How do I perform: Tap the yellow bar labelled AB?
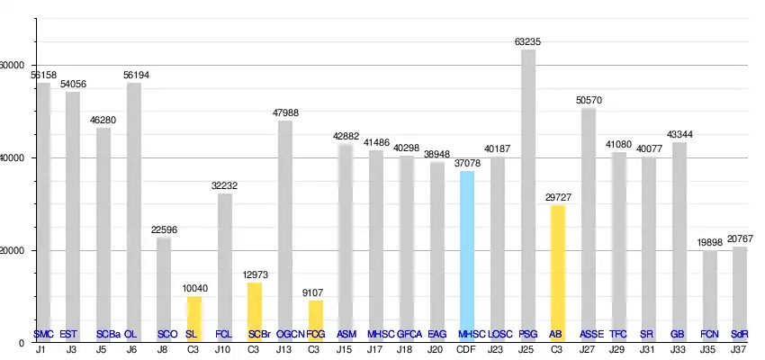558,270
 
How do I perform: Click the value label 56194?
133,75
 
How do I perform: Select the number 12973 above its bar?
255,274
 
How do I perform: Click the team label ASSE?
592,334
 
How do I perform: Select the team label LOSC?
500,334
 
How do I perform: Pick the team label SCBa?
108,334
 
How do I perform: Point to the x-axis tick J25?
527,349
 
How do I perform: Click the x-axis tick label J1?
41,349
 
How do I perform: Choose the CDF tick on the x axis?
466,349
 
